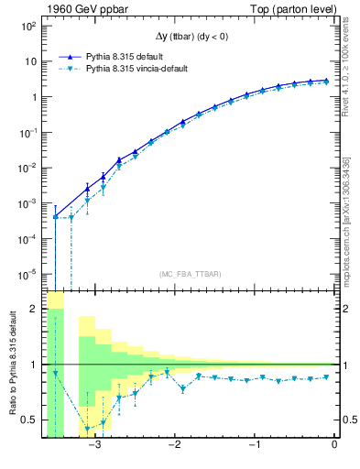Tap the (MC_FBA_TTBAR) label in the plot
pos(190,274)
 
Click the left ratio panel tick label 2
pos(33,309)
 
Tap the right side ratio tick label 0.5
pos(348,420)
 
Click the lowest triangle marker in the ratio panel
pos(88,429)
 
